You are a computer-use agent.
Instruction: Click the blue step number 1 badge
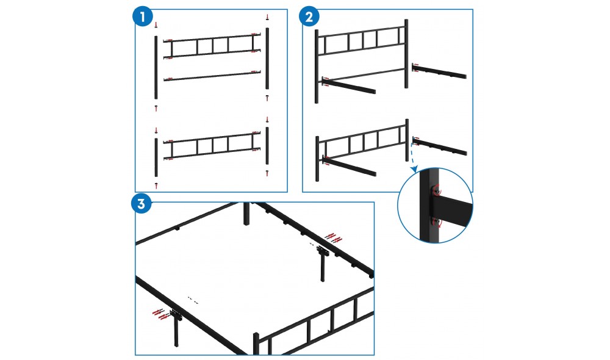click(x=142, y=16)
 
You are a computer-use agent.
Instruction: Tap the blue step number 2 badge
click(x=309, y=16)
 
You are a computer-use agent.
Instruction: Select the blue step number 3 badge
click(x=142, y=204)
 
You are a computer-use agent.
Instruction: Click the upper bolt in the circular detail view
click(x=436, y=191)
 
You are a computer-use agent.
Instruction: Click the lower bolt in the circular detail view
click(x=436, y=222)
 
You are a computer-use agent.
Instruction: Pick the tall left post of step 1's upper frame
click(x=156, y=68)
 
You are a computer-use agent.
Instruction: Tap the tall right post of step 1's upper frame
click(x=267, y=59)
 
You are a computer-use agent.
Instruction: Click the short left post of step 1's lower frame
click(x=156, y=157)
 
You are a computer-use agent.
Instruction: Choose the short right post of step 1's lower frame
click(x=267, y=146)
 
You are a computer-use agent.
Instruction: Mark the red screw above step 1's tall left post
click(x=156, y=25)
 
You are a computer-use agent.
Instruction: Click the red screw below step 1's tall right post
click(x=267, y=98)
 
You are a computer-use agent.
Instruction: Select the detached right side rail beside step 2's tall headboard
click(x=439, y=71)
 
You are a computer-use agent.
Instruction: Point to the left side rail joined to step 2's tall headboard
click(x=348, y=85)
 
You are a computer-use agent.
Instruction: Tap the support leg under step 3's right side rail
click(x=323, y=264)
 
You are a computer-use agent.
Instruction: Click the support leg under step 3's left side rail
click(x=176, y=328)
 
